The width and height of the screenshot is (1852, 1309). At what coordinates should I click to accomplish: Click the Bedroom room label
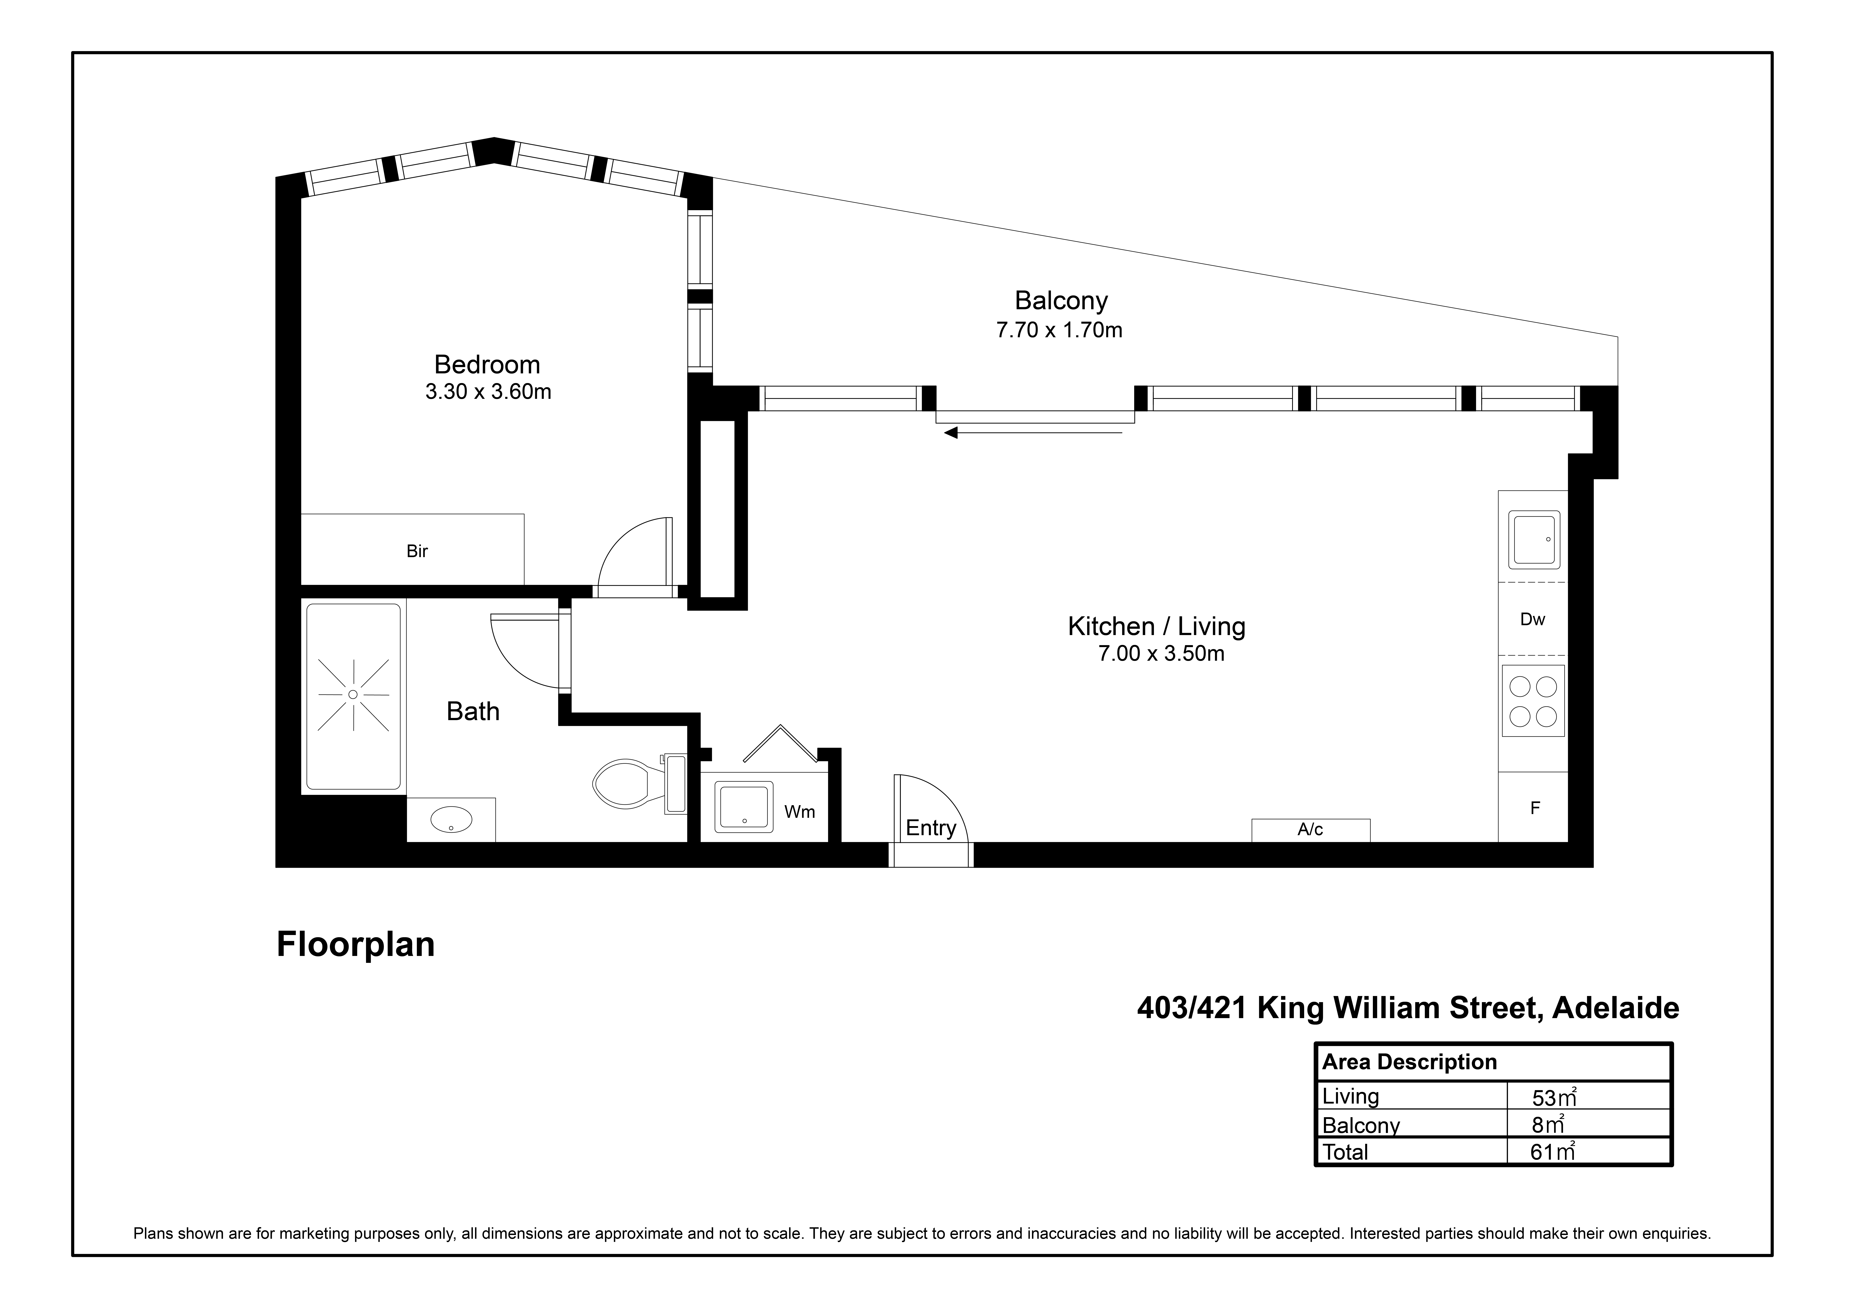[x=487, y=364]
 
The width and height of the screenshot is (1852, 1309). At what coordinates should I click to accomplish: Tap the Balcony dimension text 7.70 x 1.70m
[x=1059, y=330]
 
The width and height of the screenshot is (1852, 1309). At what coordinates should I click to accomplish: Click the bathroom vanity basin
[x=451, y=819]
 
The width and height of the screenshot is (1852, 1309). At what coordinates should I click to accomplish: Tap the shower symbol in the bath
[x=353, y=694]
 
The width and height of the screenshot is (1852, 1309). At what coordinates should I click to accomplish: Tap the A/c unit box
[x=1311, y=830]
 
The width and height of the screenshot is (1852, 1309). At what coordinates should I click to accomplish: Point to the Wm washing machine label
[x=799, y=812]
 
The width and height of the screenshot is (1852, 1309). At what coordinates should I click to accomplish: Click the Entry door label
[x=931, y=828]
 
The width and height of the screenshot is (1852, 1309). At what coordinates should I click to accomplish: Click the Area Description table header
[x=1409, y=1062]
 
